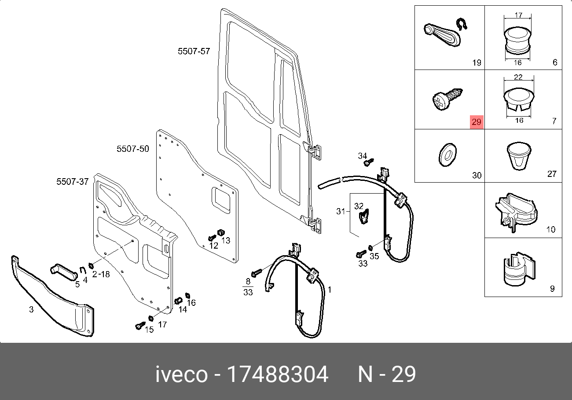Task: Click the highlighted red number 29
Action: click(x=477, y=122)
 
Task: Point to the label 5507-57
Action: click(x=194, y=51)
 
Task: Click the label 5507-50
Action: click(x=132, y=149)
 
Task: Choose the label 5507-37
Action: click(x=73, y=182)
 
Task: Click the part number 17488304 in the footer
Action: click(x=277, y=375)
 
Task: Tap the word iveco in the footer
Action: click(x=181, y=375)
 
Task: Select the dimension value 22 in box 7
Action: click(x=518, y=77)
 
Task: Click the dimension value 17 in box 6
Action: click(x=518, y=15)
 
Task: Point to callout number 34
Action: click(x=362, y=156)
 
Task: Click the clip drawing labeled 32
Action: click(x=363, y=217)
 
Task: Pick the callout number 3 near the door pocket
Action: click(x=31, y=310)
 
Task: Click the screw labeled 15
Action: click(x=140, y=326)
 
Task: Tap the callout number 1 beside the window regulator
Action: click(x=330, y=290)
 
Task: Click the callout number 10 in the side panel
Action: click(x=551, y=229)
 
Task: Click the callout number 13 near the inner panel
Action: click(x=226, y=240)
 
